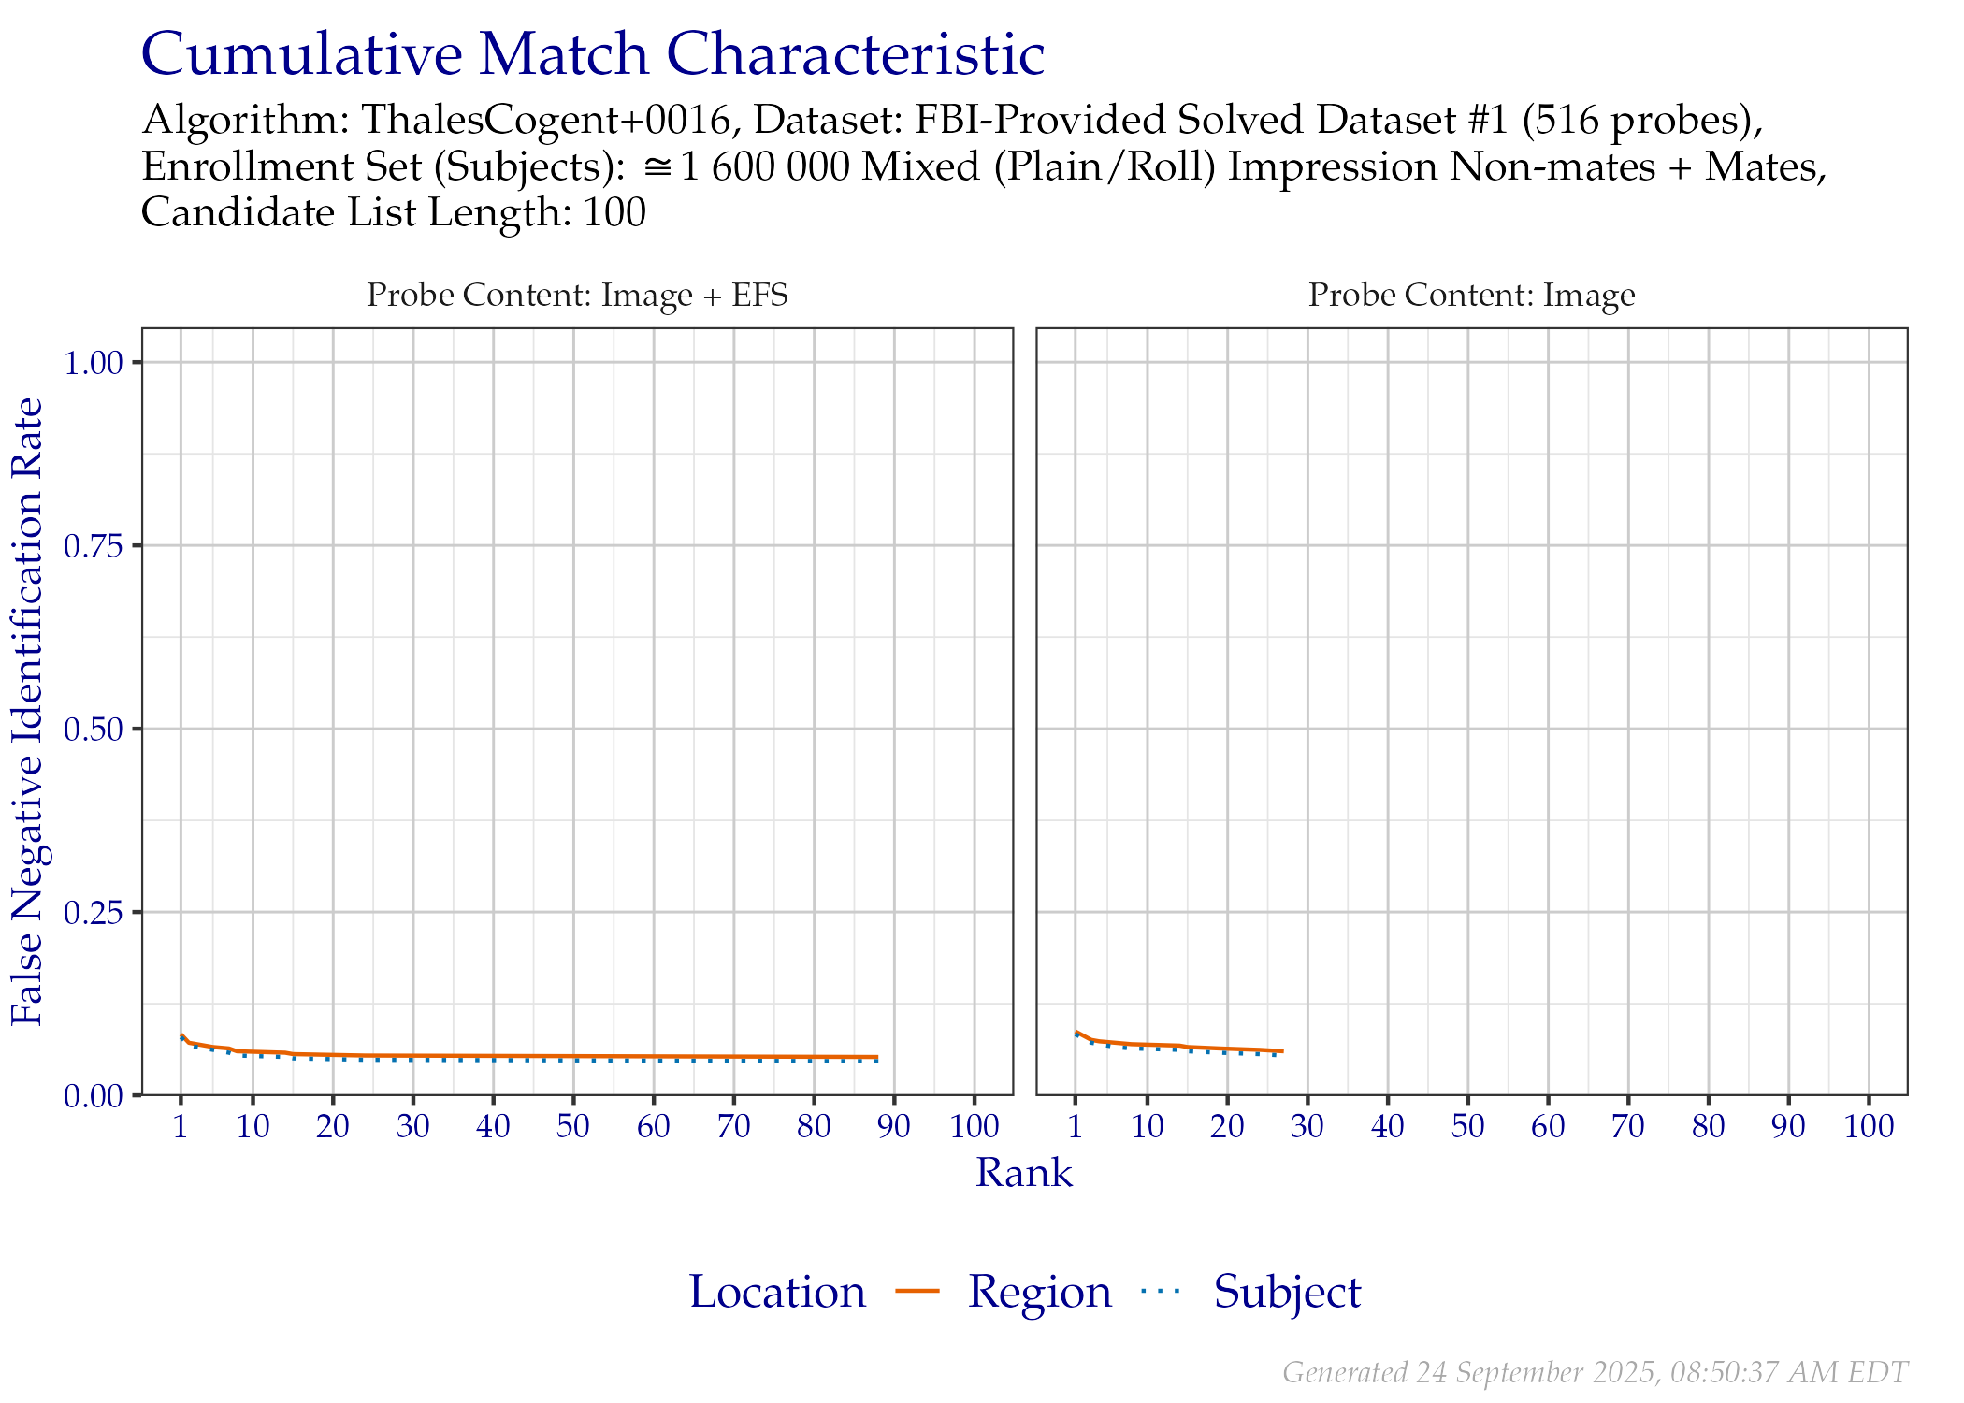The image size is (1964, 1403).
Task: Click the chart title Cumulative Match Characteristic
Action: [x=592, y=54]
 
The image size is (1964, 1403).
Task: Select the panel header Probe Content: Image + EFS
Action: [x=576, y=295]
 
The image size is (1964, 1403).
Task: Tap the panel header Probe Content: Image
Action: [x=1471, y=295]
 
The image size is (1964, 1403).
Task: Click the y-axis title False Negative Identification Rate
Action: [x=27, y=711]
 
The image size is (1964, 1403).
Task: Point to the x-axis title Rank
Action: [x=1024, y=1173]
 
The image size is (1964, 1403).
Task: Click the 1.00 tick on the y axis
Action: [x=94, y=363]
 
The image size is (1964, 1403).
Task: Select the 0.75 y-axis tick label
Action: [x=94, y=546]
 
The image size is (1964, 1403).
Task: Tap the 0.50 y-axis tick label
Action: [x=94, y=730]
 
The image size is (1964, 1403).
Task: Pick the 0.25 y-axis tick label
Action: [x=94, y=913]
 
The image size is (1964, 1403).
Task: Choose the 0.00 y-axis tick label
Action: [x=94, y=1095]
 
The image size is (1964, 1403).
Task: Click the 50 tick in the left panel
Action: [x=573, y=1126]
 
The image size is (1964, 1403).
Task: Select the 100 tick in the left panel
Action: [x=975, y=1126]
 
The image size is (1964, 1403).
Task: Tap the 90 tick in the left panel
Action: [x=894, y=1126]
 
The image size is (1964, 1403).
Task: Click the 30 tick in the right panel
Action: [x=1307, y=1126]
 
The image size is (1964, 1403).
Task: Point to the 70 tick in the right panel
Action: [x=1628, y=1126]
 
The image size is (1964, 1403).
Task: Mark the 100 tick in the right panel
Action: [x=1869, y=1126]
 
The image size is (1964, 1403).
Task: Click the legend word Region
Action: [x=1040, y=1293]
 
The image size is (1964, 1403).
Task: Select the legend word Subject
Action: [x=1287, y=1293]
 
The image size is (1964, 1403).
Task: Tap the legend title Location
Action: [x=778, y=1293]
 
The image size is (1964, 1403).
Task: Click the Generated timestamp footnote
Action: [x=1595, y=1372]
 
